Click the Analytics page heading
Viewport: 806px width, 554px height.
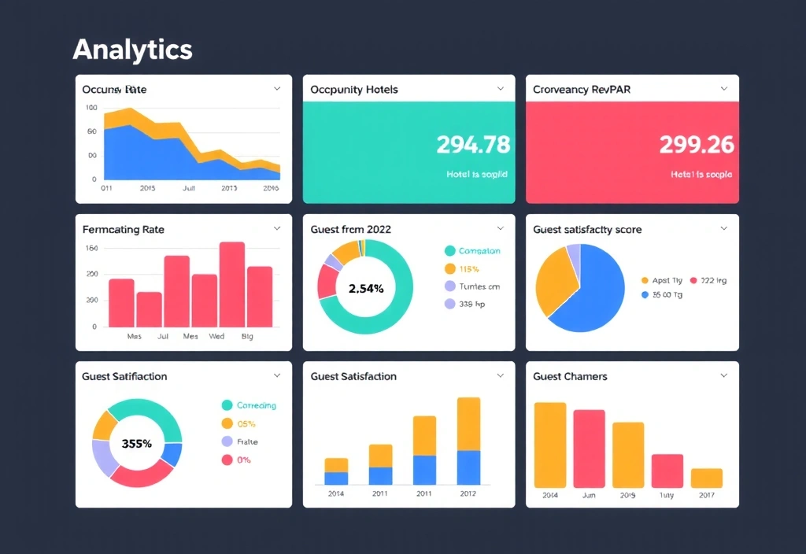[132, 50]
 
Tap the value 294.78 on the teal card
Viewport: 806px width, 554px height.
[472, 145]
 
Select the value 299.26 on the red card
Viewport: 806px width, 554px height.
[696, 145]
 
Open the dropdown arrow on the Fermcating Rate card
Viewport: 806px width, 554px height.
[277, 228]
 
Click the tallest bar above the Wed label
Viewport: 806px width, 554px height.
[232, 285]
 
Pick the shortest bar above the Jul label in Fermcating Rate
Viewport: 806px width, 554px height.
[149, 309]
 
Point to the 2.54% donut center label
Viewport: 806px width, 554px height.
[365, 288]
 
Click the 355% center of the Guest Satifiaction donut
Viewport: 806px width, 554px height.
[137, 443]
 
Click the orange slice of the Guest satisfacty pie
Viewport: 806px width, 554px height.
[554, 279]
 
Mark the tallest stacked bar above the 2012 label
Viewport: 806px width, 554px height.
[468, 441]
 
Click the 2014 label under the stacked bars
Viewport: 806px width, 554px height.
[336, 493]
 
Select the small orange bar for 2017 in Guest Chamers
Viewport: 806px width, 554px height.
[706, 478]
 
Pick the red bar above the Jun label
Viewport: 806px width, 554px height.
[589, 449]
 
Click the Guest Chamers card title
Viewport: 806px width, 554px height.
[570, 376]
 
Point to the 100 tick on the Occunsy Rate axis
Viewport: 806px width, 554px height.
[91, 108]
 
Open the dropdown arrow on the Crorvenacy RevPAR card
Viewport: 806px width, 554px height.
[724, 89]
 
